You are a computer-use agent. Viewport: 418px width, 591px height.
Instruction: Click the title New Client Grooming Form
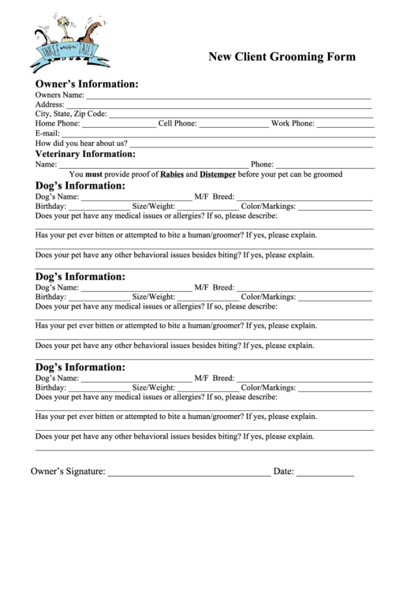(x=282, y=57)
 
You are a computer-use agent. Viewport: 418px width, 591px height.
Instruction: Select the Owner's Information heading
(x=87, y=84)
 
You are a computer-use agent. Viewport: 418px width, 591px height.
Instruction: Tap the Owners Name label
(x=59, y=95)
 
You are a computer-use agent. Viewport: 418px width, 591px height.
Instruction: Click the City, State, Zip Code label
(x=71, y=114)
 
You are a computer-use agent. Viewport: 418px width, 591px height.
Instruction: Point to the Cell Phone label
(x=177, y=124)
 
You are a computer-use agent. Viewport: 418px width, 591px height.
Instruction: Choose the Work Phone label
(x=293, y=124)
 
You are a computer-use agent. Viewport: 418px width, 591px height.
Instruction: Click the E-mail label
(x=47, y=133)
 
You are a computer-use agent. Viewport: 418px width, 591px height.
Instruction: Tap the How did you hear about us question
(x=81, y=144)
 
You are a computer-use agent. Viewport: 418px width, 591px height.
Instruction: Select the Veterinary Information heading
(x=85, y=155)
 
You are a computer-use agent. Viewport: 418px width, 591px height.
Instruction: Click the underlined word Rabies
(x=172, y=174)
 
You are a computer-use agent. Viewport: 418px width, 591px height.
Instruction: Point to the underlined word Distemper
(x=217, y=174)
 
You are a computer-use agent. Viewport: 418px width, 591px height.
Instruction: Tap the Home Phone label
(x=57, y=124)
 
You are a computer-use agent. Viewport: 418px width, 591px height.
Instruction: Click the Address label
(x=50, y=104)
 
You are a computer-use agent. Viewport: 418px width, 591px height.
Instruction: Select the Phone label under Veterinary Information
(x=262, y=165)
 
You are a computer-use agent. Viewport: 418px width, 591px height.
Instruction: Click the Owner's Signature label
(x=68, y=472)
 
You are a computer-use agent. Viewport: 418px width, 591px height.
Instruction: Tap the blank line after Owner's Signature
(x=188, y=473)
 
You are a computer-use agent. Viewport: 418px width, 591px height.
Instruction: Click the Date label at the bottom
(x=283, y=472)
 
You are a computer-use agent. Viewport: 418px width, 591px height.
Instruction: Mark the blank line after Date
(x=325, y=473)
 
